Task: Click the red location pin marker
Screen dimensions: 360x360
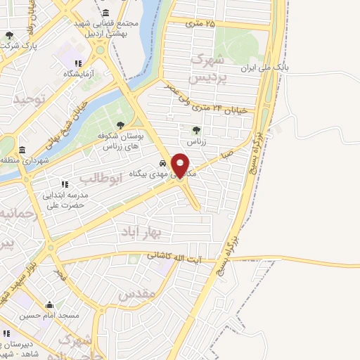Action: point(181,165)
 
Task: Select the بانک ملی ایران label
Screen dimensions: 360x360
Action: point(265,68)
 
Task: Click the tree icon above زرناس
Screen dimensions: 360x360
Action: point(196,129)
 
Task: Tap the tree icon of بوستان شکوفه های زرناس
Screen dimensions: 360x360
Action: point(120,124)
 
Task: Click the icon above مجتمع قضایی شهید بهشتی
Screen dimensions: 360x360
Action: point(105,13)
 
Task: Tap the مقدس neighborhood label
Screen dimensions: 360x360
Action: point(137,296)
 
